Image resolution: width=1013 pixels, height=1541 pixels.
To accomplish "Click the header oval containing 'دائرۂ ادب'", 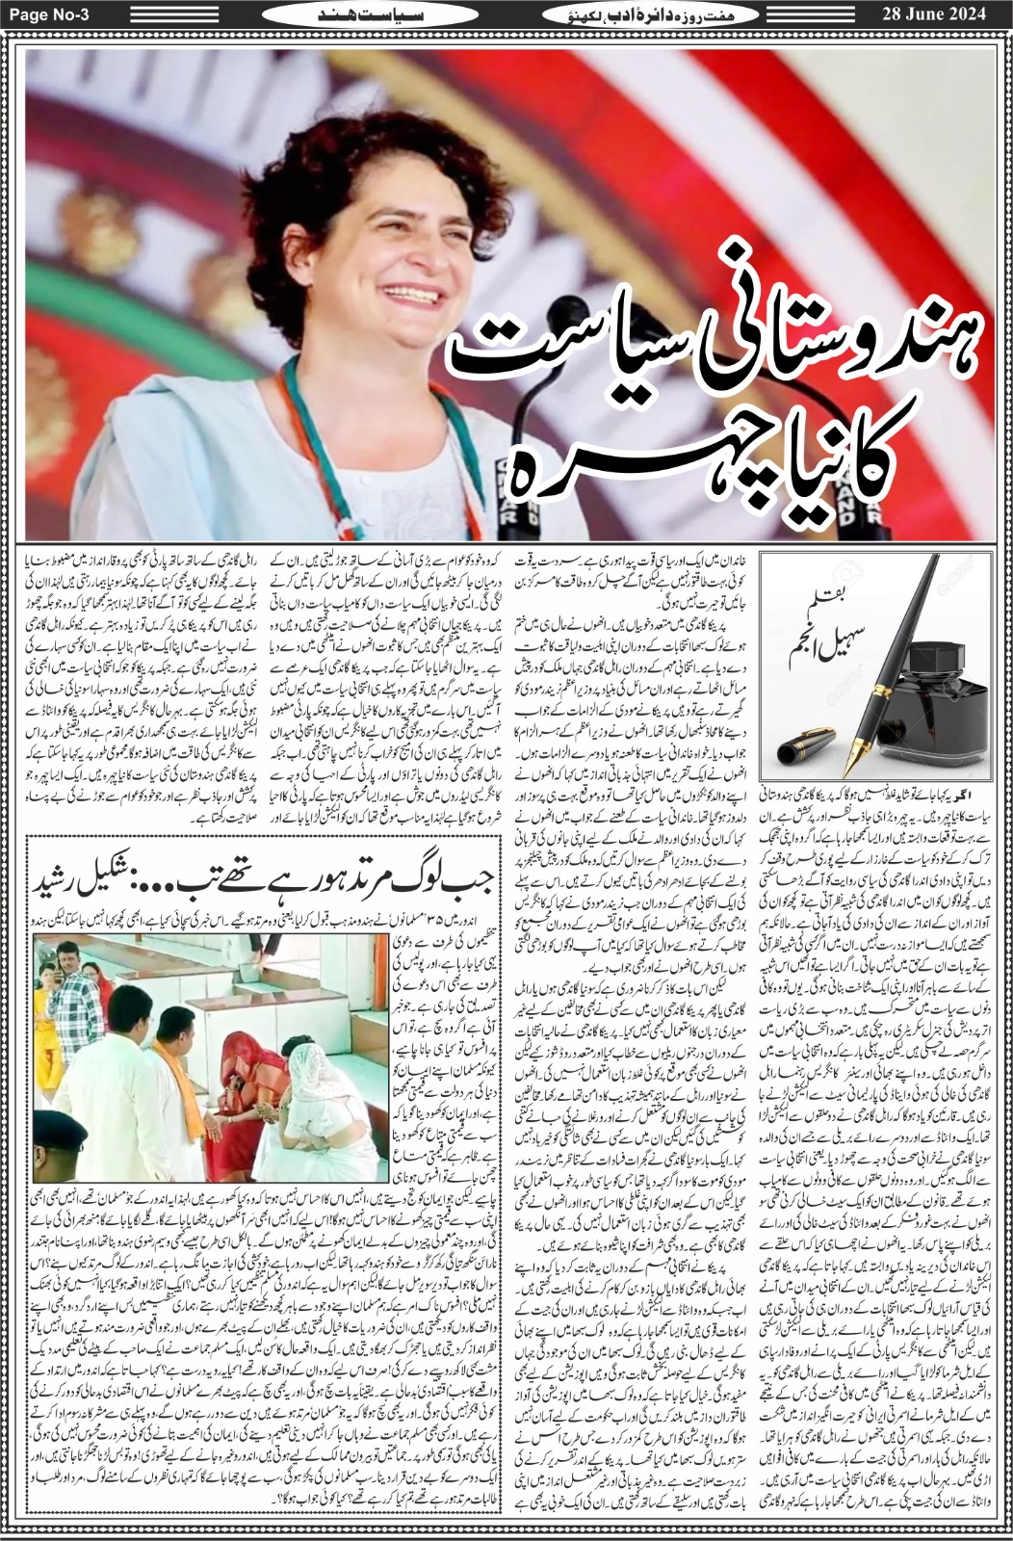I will [656, 14].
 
